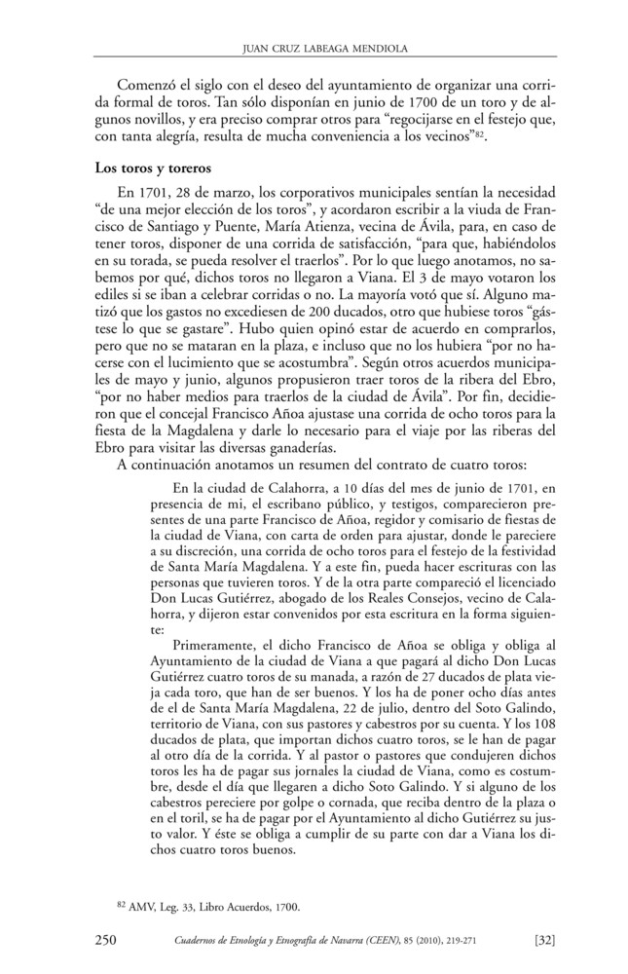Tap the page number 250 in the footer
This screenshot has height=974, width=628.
pos(107,939)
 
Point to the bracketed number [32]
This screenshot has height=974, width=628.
pos(544,939)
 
